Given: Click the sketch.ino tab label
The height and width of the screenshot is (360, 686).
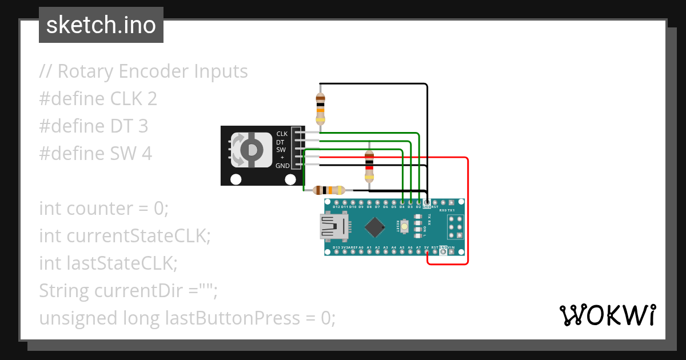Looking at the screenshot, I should coord(101,25).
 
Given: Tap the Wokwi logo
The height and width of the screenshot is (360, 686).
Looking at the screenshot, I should coord(607,315).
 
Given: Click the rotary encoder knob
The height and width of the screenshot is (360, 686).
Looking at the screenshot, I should coord(250,150).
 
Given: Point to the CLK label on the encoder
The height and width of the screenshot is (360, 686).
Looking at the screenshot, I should coord(282,134).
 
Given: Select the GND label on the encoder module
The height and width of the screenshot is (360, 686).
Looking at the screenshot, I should coord(282,166).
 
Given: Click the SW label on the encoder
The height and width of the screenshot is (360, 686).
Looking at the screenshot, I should coord(281,150).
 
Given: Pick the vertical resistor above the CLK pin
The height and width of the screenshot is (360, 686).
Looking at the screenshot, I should coord(320,107).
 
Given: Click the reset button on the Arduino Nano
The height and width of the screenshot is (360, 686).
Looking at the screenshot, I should coord(405,226).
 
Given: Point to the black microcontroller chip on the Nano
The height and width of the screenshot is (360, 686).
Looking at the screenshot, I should coord(374,227).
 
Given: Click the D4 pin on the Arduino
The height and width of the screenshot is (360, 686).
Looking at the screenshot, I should coord(402,202).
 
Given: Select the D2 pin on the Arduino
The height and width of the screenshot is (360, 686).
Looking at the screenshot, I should coord(419,202).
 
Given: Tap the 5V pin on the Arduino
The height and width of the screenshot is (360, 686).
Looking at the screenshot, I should coord(427,251).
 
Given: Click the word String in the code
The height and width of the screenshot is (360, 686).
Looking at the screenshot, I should coord(64,291).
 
